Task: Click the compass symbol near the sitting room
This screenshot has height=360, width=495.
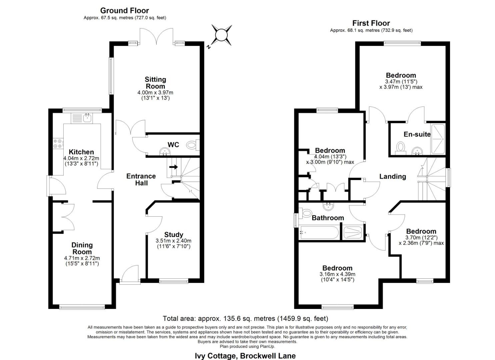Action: click(x=221, y=35)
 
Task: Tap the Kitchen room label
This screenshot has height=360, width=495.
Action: click(x=81, y=152)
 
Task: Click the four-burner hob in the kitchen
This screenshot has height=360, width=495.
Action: click(x=57, y=143)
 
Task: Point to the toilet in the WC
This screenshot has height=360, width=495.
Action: click(x=192, y=145)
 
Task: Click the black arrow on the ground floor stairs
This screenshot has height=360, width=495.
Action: click(x=173, y=167)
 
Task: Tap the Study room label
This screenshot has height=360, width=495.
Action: click(x=174, y=235)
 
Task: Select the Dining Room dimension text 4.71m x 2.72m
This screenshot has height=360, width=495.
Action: click(x=82, y=258)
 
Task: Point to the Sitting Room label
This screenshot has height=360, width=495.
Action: click(x=155, y=83)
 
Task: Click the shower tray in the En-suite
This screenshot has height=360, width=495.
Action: click(x=438, y=139)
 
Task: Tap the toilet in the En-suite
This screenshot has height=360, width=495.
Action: click(x=400, y=147)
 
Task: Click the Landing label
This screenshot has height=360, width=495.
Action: click(x=393, y=176)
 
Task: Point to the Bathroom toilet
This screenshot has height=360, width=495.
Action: click(x=305, y=213)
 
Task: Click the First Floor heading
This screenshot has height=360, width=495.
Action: click(x=371, y=23)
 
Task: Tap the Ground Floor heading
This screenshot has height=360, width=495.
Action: click(x=125, y=11)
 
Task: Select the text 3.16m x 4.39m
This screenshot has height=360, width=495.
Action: click(x=337, y=274)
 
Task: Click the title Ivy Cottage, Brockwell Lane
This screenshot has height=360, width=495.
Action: click(x=245, y=356)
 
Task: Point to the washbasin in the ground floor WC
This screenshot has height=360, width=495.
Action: click(x=165, y=152)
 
